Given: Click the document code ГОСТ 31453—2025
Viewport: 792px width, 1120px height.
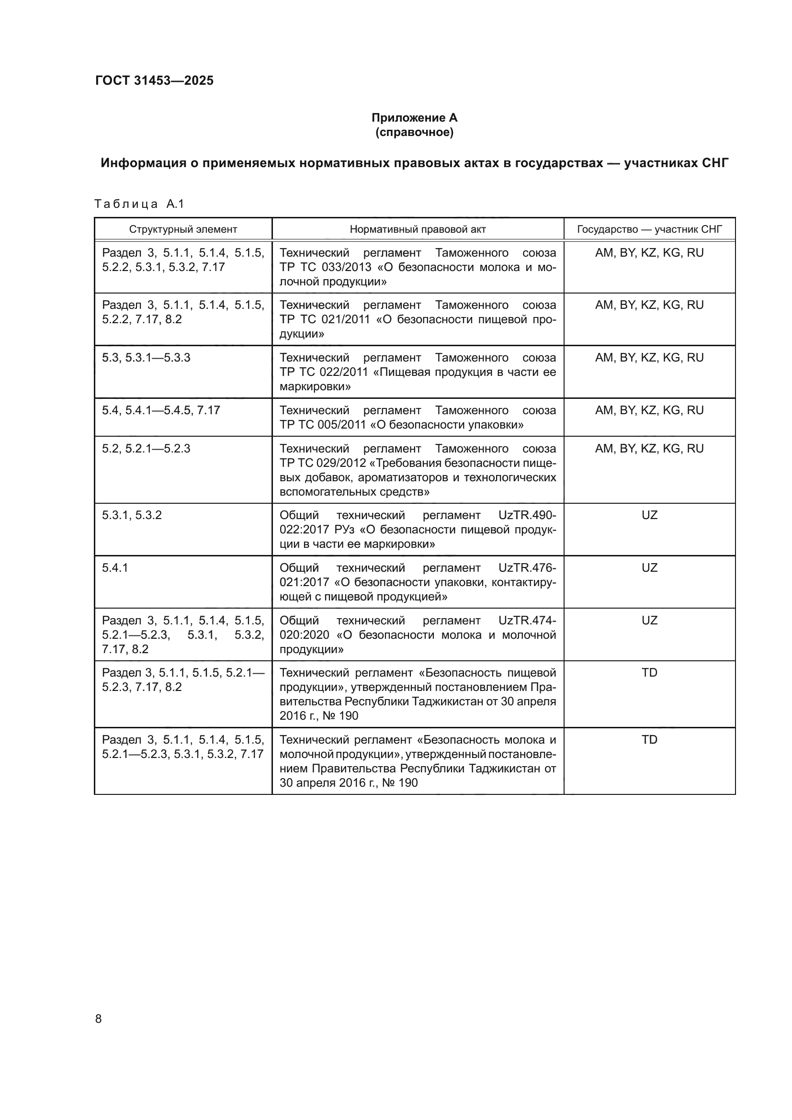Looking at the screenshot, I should coord(154,80).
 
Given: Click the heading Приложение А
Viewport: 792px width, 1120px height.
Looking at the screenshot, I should coord(414,118).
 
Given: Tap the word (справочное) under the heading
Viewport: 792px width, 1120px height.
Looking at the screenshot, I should coord(414,132).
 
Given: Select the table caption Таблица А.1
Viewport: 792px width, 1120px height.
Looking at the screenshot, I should coord(139,204).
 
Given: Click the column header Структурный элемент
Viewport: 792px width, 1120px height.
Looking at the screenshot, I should coord(183,229).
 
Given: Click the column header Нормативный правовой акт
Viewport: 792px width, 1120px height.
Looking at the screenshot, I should coord(418,229).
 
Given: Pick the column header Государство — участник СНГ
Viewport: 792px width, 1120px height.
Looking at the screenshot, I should coord(649,229).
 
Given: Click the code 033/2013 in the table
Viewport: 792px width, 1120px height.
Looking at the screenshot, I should coord(347,267).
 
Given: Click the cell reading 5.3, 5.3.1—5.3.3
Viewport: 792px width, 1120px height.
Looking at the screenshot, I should coord(146,358).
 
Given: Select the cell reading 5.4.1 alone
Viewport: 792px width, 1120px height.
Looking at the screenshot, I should coord(114,568).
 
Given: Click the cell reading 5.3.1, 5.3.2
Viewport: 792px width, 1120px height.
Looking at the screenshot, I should coord(132,515).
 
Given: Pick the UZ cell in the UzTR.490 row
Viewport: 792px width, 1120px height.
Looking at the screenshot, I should coord(649,515).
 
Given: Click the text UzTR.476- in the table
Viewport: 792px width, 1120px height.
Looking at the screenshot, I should coord(527,568).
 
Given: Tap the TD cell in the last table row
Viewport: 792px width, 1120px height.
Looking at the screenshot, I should coord(649,739).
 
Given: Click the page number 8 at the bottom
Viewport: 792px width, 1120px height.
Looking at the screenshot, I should coord(99,1019).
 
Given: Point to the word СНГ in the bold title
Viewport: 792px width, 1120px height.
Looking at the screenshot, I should coord(715,163).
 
